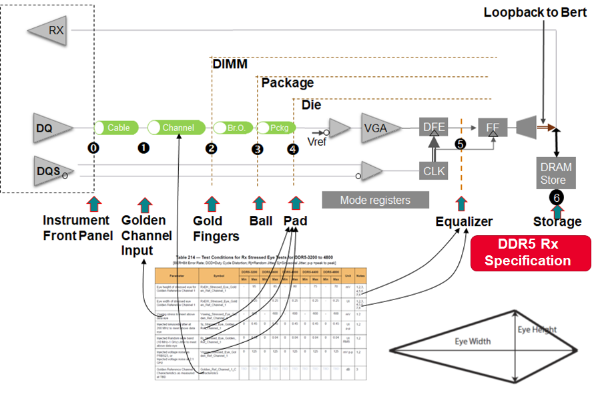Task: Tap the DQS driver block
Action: (x=51, y=172)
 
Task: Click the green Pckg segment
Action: (x=276, y=128)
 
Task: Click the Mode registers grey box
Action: (x=374, y=200)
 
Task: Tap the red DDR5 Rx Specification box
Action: (x=531, y=253)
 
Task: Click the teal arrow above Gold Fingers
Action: (x=212, y=204)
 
